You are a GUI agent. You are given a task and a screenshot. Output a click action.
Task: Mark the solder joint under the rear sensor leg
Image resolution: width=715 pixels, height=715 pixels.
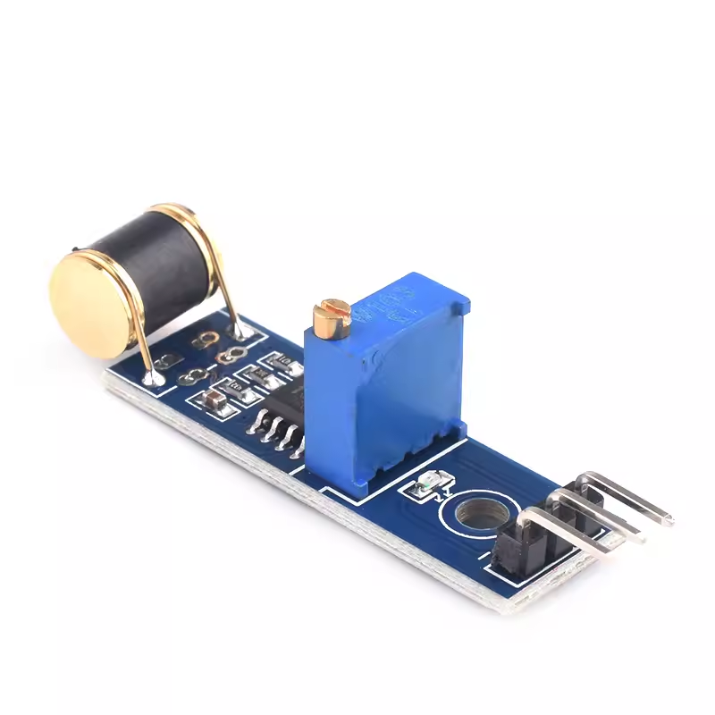242,332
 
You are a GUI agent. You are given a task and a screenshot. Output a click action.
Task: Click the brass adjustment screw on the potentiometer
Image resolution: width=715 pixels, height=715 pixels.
328,317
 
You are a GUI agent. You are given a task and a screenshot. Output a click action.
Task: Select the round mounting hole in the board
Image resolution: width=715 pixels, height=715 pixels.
473,518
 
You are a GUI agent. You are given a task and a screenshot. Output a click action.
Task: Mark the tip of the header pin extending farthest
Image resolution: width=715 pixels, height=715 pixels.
666,519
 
